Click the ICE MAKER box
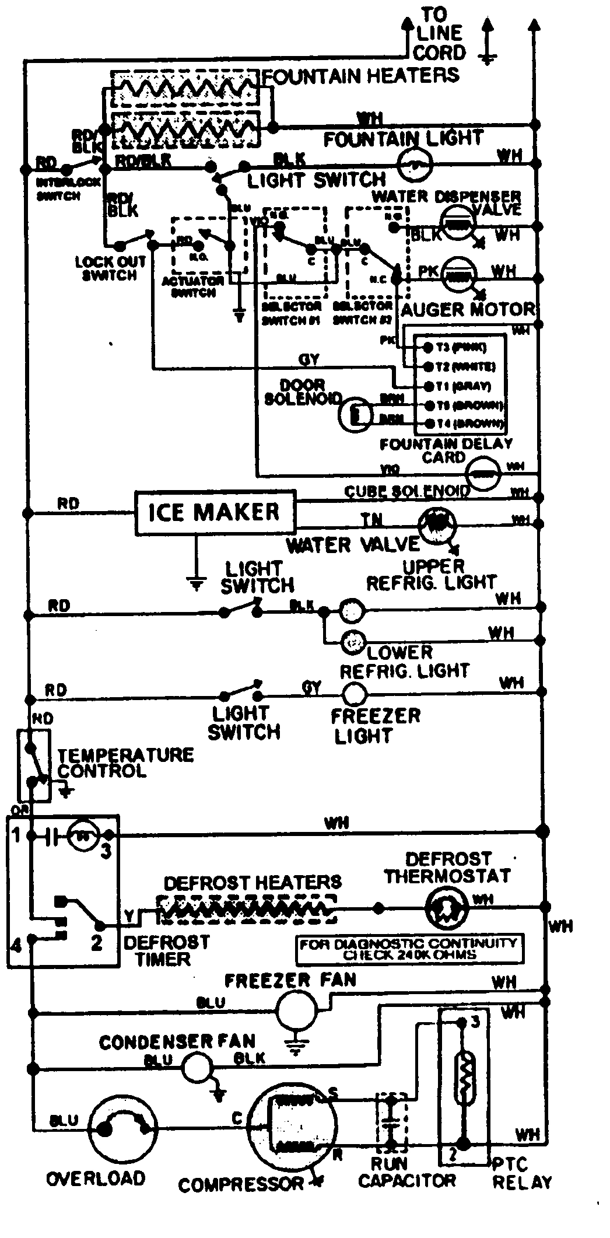215,512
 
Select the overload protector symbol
124,1128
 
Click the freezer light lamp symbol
353,694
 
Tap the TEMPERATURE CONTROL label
125,763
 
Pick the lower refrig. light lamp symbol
352,642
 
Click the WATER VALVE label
352,544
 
